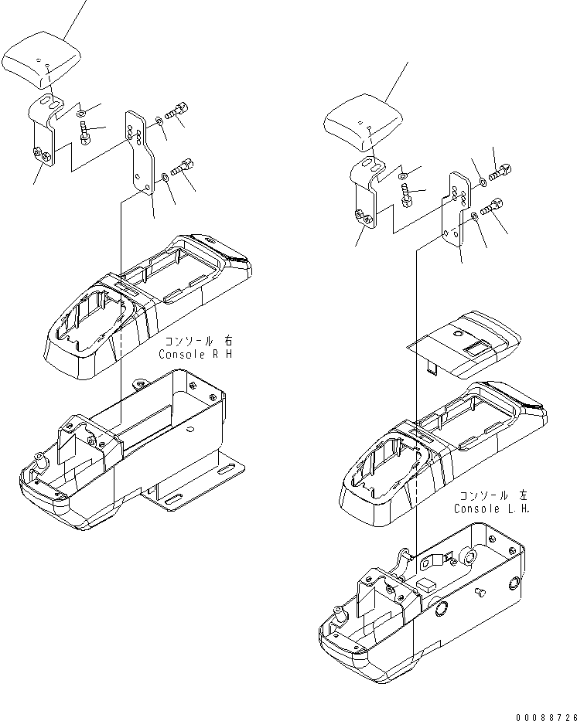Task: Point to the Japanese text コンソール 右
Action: (196, 342)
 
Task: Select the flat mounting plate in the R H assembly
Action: (140, 155)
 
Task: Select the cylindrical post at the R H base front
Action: (40, 462)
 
